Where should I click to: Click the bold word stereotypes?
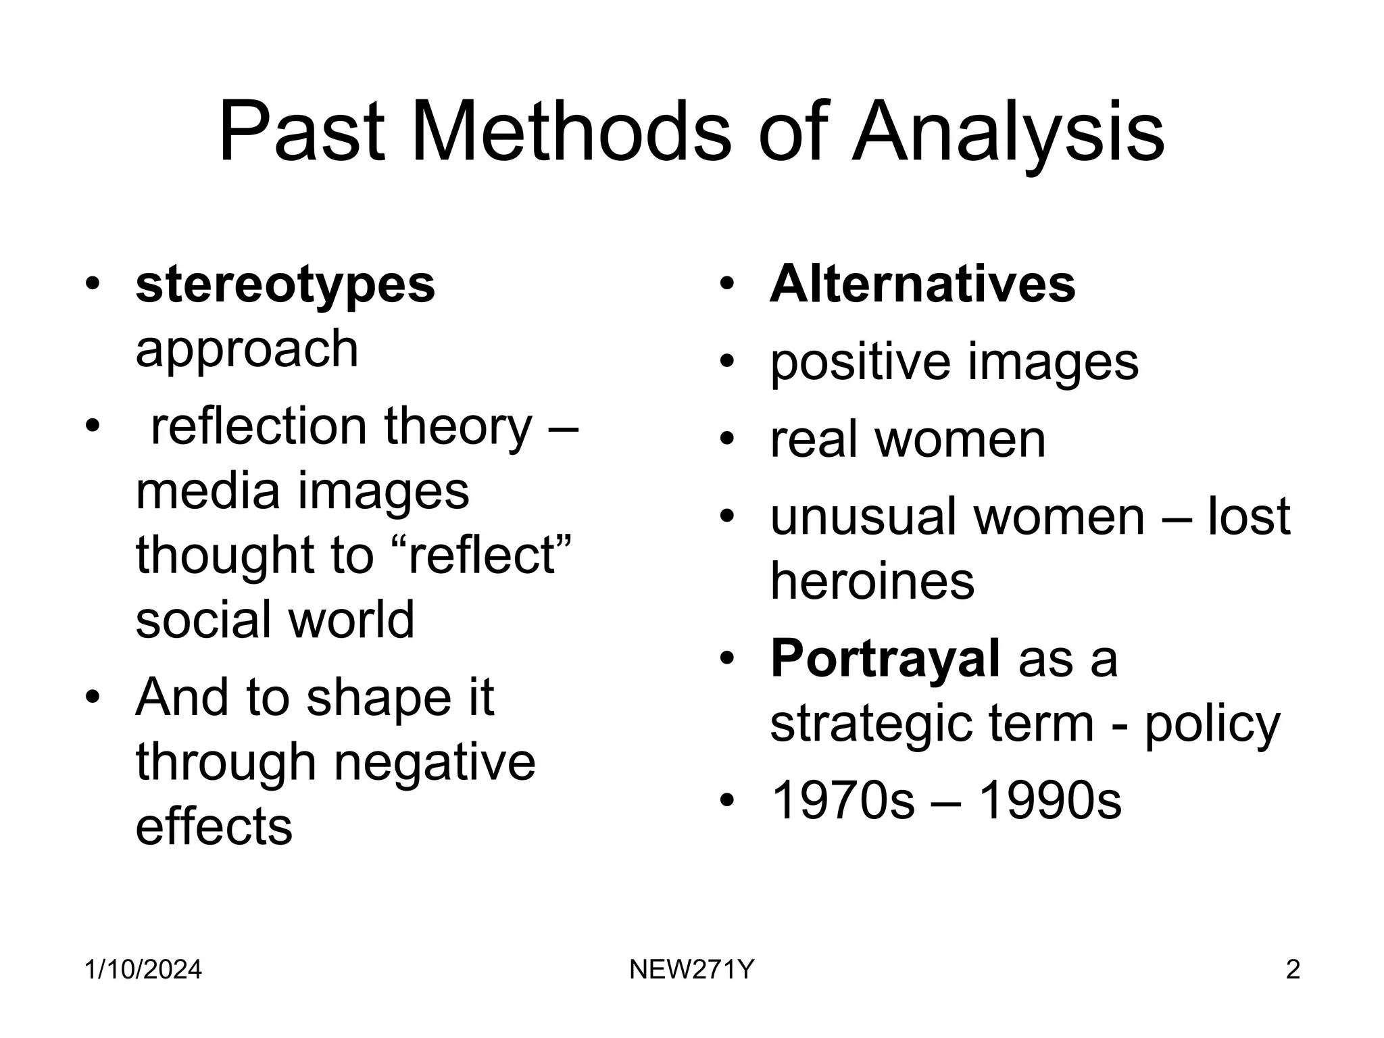tap(285, 285)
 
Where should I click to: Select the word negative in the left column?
tap(435, 762)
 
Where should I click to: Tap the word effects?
tap(214, 826)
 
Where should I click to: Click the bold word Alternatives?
tap(922, 284)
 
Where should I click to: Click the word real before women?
tap(813, 440)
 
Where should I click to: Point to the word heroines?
tap(872, 581)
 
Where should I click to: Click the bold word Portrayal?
tap(885, 658)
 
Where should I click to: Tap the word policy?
tap(1212, 724)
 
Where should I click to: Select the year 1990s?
tap(1050, 801)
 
